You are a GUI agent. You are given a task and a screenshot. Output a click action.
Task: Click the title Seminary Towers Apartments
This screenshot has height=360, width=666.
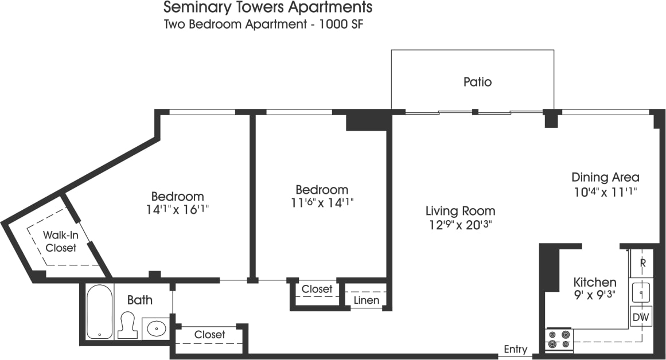(x=268, y=7)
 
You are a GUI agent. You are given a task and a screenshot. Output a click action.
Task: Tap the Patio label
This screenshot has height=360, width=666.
(x=477, y=82)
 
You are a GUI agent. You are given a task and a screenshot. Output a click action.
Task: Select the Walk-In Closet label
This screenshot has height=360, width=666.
(x=61, y=241)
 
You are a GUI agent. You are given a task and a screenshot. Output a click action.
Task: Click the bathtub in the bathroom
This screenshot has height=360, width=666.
(x=99, y=311)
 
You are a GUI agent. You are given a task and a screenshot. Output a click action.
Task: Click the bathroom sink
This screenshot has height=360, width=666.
(x=155, y=328)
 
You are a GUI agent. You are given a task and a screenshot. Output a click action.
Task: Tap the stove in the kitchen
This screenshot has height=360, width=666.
(x=559, y=339)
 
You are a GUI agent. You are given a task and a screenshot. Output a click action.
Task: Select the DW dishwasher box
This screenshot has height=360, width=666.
(x=641, y=316)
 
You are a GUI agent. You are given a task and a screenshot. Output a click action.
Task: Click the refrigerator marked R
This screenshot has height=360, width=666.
(x=642, y=263)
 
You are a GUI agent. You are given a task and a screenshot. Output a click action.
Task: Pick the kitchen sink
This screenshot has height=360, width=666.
(x=641, y=292)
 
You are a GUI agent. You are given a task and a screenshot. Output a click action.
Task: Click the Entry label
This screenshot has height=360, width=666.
(x=515, y=350)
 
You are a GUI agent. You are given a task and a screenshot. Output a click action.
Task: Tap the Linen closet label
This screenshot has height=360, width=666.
(x=367, y=300)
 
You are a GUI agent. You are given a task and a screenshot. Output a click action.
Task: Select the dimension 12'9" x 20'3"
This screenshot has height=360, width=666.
(x=460, y=225)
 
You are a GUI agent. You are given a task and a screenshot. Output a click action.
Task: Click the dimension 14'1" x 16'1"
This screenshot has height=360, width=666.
(x=177, y=210)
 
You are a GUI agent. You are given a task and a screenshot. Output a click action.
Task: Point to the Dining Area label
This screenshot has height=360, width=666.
(x=605, y=177)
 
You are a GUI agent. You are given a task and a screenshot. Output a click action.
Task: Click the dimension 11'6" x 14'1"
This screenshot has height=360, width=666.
(x=322, y=203)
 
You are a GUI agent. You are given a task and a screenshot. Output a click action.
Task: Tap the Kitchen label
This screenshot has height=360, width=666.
(x=595, y=282)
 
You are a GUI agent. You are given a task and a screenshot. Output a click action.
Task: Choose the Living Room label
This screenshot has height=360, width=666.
(x=460, y=211)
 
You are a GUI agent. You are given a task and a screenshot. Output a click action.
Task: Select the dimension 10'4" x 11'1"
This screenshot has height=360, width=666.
(x=605, y=191)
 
